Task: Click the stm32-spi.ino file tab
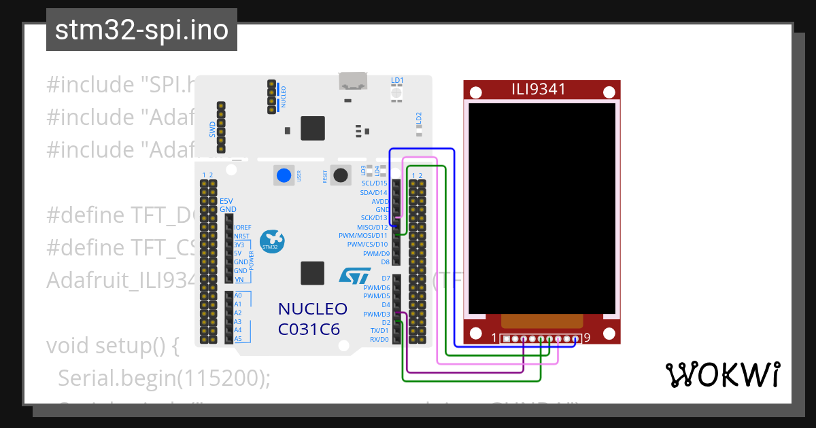[141, 31]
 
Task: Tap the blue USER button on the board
[284, 175]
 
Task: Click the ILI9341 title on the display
[539, 89]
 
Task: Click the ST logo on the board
[355, 275]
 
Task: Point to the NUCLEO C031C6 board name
[313, 319]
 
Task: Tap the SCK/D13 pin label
[373, 218]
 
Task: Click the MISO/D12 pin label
[372, 227]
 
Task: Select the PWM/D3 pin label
[376, 315]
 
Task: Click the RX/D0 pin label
[379, 339]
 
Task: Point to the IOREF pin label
[243, 228]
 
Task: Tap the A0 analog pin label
[237, 296]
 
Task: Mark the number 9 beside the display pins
[586, 338]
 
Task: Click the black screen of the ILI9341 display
[542, 207]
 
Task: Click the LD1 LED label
[397, 80]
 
